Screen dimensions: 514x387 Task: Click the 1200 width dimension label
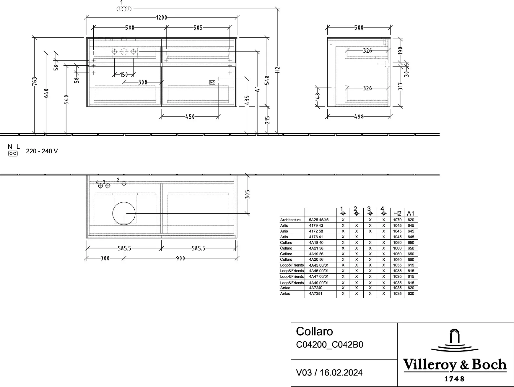[162, 17]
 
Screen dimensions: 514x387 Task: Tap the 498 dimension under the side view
[359, 117]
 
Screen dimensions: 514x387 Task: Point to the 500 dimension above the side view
[359, 28]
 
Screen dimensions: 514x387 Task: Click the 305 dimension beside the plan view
[248, 194]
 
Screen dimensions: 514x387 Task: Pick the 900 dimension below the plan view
[180, 258]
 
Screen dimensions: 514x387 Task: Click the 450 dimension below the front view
[190, 117]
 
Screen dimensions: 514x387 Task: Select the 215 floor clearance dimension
[267, 120]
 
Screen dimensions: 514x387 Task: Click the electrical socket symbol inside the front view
[212, 83]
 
